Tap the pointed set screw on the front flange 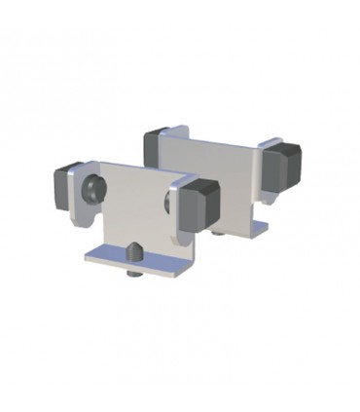coord(135,251)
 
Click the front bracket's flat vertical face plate coord(132,205)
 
